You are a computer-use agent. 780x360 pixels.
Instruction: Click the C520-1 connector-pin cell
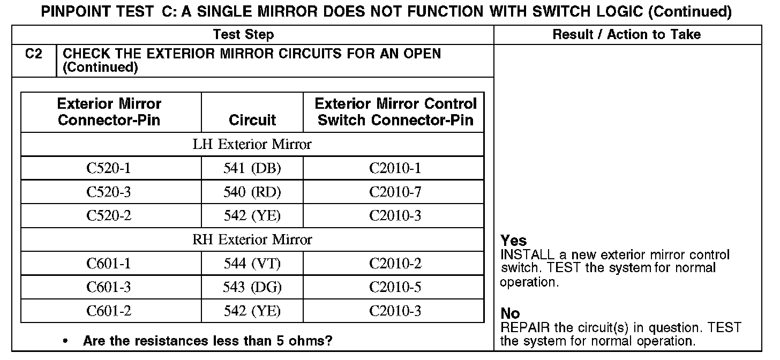click(109, 168)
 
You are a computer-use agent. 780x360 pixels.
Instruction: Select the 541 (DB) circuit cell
click(252, 168)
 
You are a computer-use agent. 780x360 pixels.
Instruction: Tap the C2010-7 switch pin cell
click(395, 192)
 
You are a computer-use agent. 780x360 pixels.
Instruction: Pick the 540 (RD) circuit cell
click(252, 192)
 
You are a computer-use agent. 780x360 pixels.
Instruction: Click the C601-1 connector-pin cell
click(109, 264)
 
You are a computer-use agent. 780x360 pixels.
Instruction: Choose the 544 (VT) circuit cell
click(252, 264)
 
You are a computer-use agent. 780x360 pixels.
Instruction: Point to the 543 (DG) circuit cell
click(252, 287)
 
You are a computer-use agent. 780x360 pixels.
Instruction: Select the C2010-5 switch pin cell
click(395, 287)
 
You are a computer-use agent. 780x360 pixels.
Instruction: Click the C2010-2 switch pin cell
click(395, 264)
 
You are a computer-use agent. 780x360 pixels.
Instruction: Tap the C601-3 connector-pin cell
click(109, 287)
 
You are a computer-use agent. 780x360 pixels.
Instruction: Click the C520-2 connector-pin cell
click(109, 215)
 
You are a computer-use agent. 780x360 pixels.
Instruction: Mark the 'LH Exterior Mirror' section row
click(252, 145)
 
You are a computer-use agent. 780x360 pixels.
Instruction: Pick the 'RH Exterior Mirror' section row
click(252, 239)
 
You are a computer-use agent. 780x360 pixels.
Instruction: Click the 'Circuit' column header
click(252, 119)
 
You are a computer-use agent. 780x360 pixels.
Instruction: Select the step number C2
click(33, 54)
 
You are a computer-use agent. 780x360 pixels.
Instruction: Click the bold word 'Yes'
click(513, 241)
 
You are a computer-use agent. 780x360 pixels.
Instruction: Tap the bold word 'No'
click(510, 313)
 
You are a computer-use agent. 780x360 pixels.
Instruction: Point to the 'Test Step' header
click(243, 35)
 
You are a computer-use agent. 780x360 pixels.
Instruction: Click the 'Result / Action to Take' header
click(626, 35)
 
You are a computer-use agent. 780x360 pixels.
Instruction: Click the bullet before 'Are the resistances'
click(65, 341)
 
